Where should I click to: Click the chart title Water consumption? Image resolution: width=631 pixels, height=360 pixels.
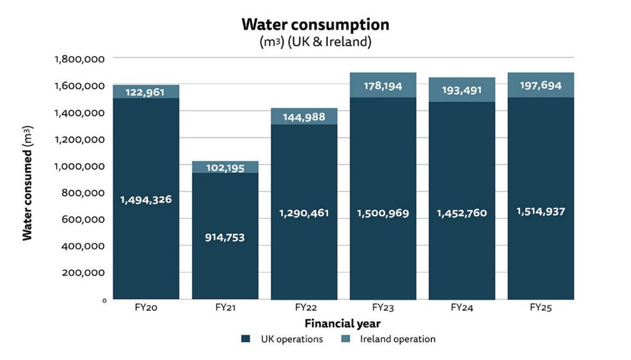pyautogui.click(x=315, y=24)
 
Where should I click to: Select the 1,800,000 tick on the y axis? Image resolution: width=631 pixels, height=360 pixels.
pyautogui.click(x=79, y=59)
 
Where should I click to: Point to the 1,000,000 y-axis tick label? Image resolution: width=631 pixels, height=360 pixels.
pyautogui.click(x=79, y=166)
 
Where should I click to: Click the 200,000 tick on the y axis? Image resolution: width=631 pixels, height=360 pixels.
pyautogui.click(x=83, y=272)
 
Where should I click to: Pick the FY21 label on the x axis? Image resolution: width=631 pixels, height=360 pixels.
pyautogui.click(x=225, y=307)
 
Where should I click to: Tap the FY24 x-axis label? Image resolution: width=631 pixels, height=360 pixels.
pyautogui.click(x=462, y=307)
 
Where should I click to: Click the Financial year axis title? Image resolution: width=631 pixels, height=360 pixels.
pyautogui.click(x=342, y=323)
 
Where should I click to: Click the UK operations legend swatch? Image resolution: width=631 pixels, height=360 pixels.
pyautogui.click(x=245, y=339)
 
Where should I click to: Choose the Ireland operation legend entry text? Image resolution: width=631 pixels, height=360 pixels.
pyautogui.click(x=397, y=339)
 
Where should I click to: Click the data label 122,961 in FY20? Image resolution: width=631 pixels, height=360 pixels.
pyautogui.click(x=146, y=92)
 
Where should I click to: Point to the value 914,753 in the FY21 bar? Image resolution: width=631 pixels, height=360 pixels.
pyautogui.click(x=225, y=237)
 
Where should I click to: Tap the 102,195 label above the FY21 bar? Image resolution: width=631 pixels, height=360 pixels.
pyautogui.click(x=225, y=168)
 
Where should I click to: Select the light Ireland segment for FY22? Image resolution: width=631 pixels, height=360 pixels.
pyautogui.click(x=304, y=117)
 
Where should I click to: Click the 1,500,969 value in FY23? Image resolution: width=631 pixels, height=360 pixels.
pyautogui.click(x=383, y=213)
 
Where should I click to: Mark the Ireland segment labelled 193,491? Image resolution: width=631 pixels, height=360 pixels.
pyautogui.click(x=462, y=90)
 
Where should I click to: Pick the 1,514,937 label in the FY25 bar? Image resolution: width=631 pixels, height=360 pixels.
pyautogui.click(x=540, y=211)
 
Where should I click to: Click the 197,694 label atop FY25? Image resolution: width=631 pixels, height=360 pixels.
pyautogui.click(x=540, y=86)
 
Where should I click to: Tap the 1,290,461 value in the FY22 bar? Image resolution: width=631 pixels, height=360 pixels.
pyautogui.click(x=304, y=213)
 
